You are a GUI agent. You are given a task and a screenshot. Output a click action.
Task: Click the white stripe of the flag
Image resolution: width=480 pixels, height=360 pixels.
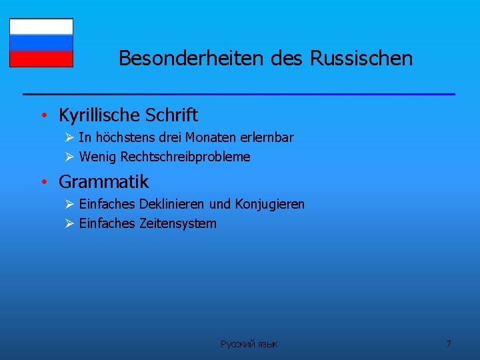[41, 26]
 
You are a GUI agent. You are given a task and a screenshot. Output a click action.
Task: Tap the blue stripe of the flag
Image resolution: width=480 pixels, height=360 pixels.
[41, 43]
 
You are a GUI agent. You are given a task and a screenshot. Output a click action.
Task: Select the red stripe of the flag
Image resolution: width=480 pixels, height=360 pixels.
[41, 59]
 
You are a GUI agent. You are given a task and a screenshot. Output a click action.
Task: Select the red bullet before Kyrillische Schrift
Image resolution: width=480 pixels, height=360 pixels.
[42, 116]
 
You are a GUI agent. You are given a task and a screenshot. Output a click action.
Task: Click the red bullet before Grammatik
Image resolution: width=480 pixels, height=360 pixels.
[42, 182]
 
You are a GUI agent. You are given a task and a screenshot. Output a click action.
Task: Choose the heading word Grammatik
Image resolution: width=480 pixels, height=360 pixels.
[103, 181]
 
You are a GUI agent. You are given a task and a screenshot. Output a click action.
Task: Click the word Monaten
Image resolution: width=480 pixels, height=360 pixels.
[208, 138]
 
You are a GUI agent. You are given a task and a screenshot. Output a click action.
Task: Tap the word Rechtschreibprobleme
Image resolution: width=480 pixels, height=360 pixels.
[185, 157]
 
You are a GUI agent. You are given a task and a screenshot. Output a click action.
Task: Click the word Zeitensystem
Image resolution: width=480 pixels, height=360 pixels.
[177, 223]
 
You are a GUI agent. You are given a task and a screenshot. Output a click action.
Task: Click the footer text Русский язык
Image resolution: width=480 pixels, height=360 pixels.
[249, 344]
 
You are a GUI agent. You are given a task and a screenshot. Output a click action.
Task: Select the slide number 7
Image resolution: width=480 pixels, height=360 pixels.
[448, 344]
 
